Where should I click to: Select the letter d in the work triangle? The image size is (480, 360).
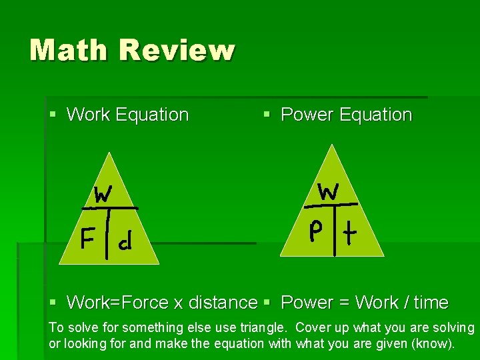(124, 242)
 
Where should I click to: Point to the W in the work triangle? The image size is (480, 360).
(102, 194)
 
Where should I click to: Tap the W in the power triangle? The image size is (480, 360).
(329, 191)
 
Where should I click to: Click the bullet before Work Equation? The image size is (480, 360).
(53, 115)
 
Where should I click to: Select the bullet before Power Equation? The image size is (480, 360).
(267, 115)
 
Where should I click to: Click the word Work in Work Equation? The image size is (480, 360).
(88, 115)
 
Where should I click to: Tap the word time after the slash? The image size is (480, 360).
(431, 303)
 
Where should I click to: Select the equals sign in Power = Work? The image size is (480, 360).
(344, 303)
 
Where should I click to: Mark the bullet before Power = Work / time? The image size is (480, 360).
(267, 303)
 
